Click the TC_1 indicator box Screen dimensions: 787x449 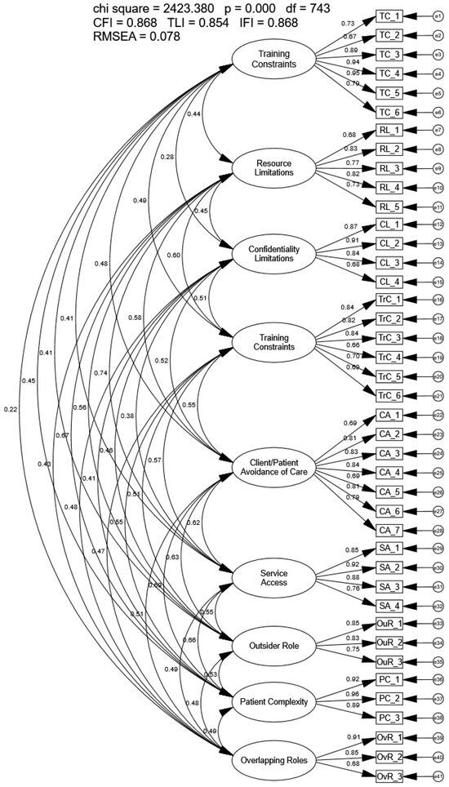pos(389,16)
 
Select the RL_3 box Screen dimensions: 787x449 pos(389,168)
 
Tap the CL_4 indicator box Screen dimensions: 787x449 pos(389,282)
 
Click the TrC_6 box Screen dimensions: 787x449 pos(389,396)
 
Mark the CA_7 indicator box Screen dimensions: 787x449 pos(389,530)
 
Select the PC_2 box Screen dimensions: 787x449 pos(389,700)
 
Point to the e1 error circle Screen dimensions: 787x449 pos(438,16)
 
